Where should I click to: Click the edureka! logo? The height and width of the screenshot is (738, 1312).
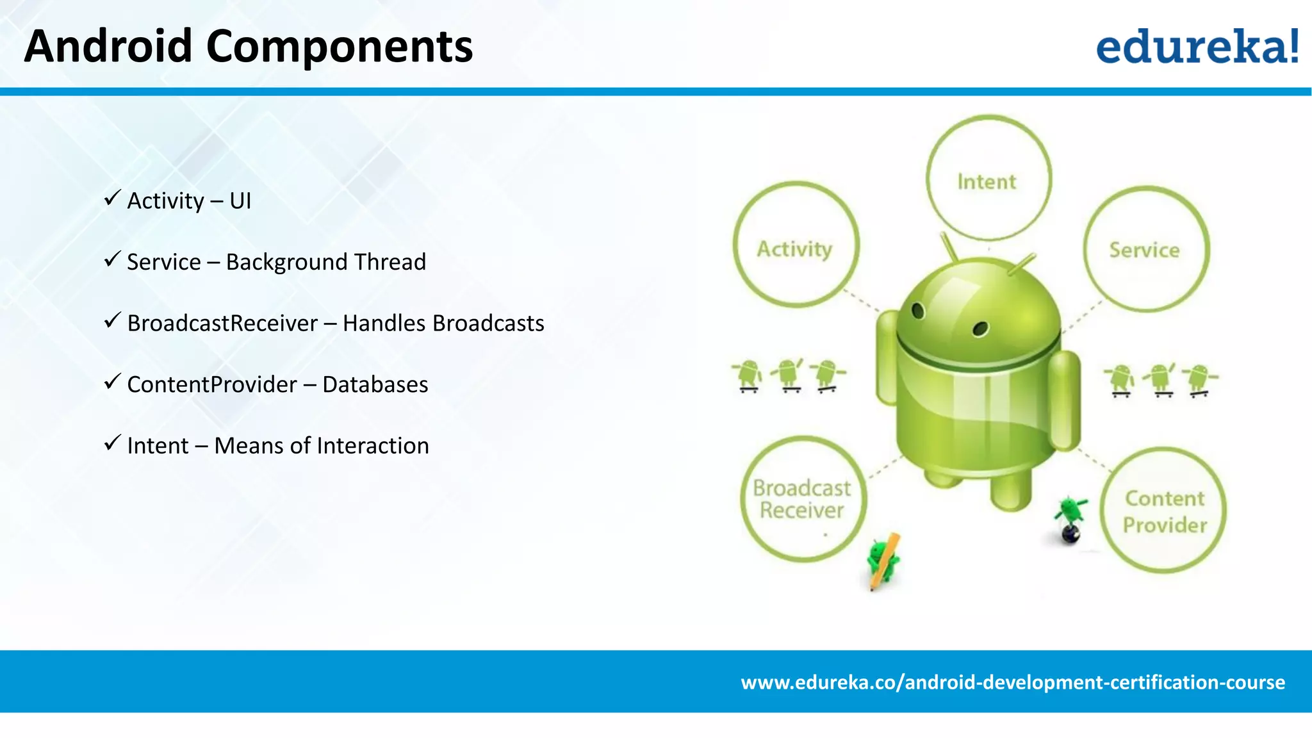(x=1197, y=46)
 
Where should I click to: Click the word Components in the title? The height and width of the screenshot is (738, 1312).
(x=339, y=47)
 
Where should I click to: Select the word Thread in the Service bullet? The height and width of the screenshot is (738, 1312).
(x=389, y=262)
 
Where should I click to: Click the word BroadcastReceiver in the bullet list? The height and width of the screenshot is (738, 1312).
(x=222, y=324)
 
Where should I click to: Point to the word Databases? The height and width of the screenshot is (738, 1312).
(x=375, y=384)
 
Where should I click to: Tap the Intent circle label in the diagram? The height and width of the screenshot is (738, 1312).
(x=987, y=182)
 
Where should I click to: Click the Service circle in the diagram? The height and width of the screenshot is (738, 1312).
(x=1145, y=250)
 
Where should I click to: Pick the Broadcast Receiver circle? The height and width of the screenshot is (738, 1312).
(x=802, y=499)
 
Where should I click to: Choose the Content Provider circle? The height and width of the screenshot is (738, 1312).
(x=1165, y=511)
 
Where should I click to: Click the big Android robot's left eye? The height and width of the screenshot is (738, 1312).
(x=918, y=311)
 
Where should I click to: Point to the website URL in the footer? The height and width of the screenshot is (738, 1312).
(x=1012, y=682)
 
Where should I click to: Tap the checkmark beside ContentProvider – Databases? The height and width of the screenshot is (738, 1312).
(x=112, y=382)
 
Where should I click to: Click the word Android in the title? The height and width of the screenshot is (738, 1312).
(x=108, y=47)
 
